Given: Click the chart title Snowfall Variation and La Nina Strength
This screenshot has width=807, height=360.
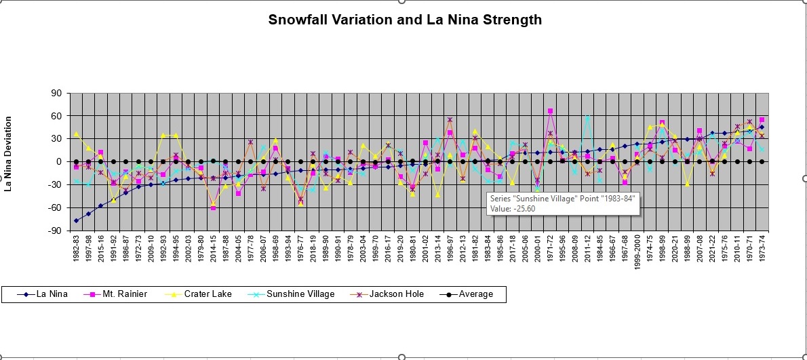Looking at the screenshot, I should pos(405,20).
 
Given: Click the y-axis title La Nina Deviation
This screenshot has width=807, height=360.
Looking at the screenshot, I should pos(9,153).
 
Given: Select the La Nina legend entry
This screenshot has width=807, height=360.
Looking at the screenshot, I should pos(47,294).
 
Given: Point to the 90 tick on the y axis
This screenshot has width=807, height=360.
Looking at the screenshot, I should pos(55,93).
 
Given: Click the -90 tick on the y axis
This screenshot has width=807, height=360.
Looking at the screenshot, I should pos(54,231).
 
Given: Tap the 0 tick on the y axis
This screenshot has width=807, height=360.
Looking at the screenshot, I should pos(58,161).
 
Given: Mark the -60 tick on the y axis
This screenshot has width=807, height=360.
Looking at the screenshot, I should pos(54,207).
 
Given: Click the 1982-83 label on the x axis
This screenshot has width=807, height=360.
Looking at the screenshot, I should pos(77,252).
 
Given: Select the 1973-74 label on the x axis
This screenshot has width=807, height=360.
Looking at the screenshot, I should pos(762,252).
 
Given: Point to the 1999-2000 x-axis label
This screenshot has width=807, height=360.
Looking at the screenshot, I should pos(637,254).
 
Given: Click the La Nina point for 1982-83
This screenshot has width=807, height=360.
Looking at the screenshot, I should pos(76,220).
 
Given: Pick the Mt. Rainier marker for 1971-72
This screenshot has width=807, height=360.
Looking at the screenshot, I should pos(551,111).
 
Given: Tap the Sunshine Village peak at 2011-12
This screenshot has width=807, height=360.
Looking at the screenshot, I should pos(587,117).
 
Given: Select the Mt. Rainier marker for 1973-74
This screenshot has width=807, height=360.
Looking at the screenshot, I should pos(762,120).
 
